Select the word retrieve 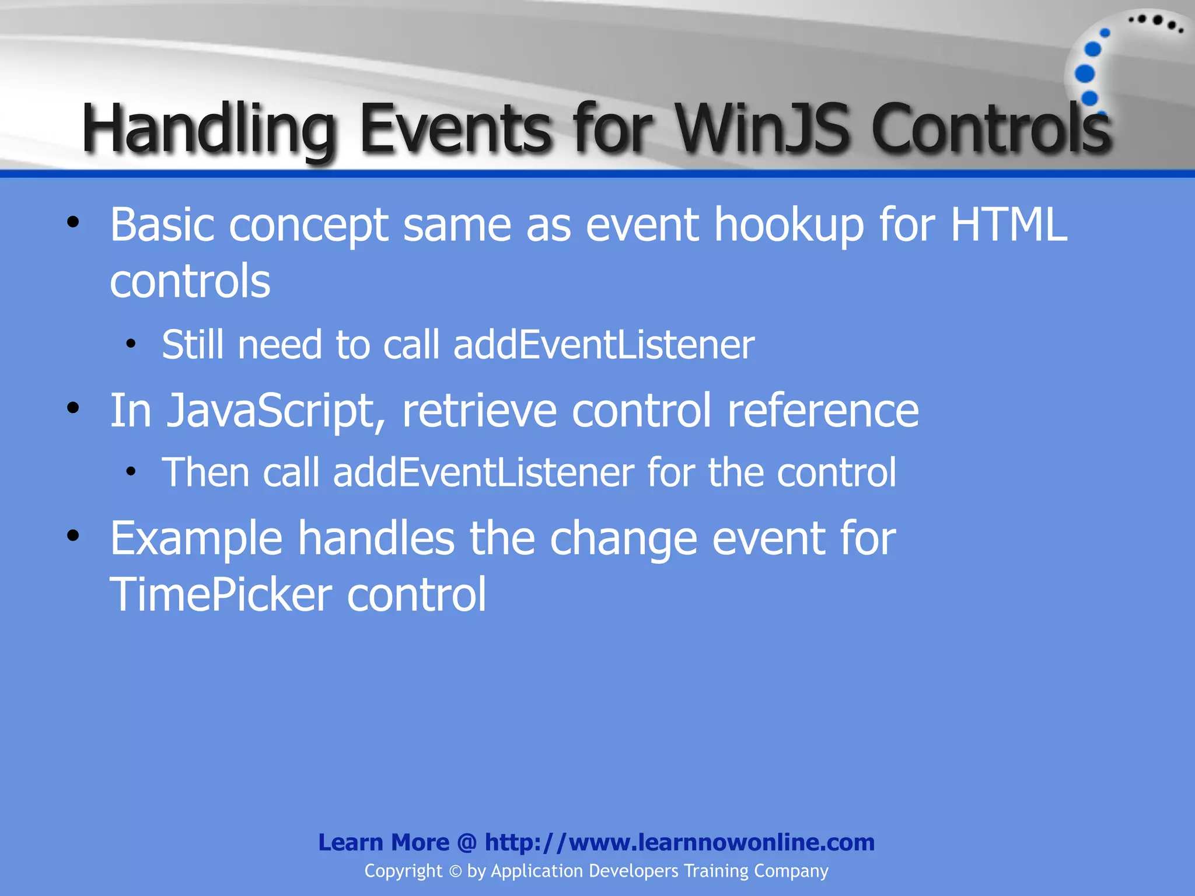(x=479, y=411)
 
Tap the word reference (x=823, y=411)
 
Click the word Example (x=196, y=538)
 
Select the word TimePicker (x=221, y=594)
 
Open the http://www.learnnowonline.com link (x=679, y=842)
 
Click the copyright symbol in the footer (x=455, y=871)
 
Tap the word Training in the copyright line (x=715, y=871)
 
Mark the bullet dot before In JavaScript (x=72, y=408)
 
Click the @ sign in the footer (x=467, y=842)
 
